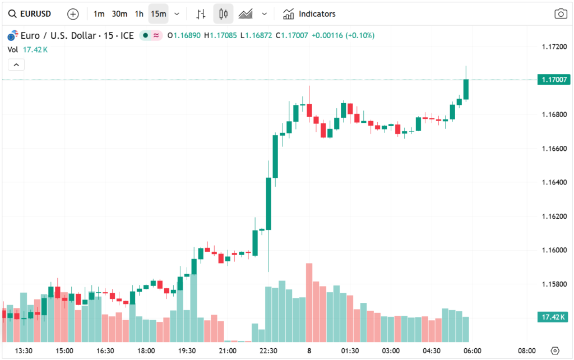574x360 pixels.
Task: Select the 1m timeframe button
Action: tap(99, 13)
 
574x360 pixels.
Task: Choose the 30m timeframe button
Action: tap(119, 13)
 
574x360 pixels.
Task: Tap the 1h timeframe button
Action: tap(139, 13)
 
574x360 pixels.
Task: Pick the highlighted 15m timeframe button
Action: tap(158, 13)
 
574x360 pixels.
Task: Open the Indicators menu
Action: tap(309, 13)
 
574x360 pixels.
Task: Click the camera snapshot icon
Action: tap(561, 14)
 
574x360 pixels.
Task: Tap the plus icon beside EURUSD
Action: tap(73, 13)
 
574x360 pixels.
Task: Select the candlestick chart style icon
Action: tap(223, 13)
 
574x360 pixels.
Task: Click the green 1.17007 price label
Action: tap(554, 80)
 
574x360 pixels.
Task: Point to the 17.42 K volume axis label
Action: tap(554, 317)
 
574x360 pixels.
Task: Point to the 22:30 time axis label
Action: tap(269, 351)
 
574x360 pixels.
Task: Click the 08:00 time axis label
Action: tap(527, 351)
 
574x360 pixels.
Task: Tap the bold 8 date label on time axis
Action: tap(309, 351)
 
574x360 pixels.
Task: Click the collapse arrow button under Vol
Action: tap(16, 65)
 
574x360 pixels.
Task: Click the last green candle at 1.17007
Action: tap(466, 90)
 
